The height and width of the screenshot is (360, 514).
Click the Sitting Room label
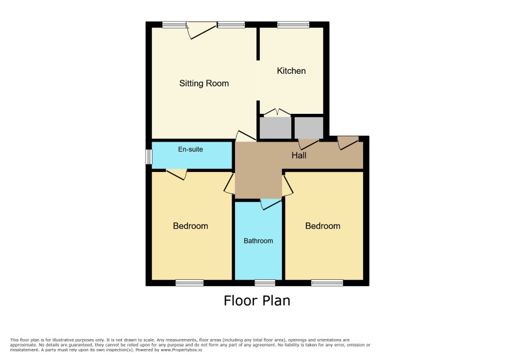click(x=204, y=84)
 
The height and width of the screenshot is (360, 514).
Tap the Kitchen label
click(x=291, y=71)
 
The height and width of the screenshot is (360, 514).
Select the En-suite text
click(x=190, y=149)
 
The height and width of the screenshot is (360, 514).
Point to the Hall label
click(x=299, y=155)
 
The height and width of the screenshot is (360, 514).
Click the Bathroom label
click(x=258, y=241)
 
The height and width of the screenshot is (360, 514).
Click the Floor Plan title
click(x=257, y=301)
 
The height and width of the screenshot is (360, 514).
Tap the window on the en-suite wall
click(x=149, y=157)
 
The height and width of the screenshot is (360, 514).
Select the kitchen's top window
click(x=294, y=24)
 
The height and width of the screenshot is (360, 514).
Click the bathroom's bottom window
click(x=265, y=283)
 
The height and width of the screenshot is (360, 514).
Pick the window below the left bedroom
click(x=190, y=283)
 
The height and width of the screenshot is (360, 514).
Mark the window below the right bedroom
click(x=327, y=283)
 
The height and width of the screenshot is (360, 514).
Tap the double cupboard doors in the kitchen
click(x=277, y=112)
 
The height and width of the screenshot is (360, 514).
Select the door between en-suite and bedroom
click(x=176, y=174)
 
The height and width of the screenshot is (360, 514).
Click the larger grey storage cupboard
click(x=276, y=128)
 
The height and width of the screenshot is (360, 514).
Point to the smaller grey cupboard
click(x=309, y=128)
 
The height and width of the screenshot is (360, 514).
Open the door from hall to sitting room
click(x=246, y=136)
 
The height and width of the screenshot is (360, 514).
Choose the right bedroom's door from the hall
click(x=288, y=185)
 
